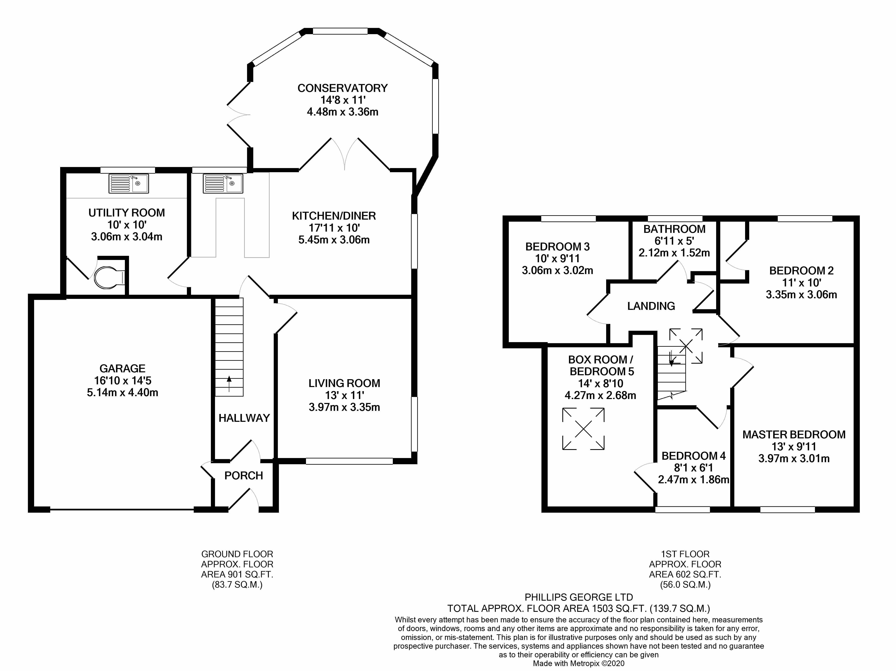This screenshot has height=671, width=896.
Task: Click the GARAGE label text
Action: pos(122,369)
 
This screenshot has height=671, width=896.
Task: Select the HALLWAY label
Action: pos(244,418)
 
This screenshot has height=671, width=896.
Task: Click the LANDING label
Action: pos(651,306)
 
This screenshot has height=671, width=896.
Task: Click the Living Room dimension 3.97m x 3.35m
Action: pos(344,407)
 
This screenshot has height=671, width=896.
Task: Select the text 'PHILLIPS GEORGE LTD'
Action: pos(578,597)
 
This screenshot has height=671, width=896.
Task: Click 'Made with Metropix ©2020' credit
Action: pos(578,664)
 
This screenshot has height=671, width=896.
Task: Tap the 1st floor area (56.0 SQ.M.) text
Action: pos(685,585)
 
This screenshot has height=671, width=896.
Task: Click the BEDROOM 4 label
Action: pos(693,456)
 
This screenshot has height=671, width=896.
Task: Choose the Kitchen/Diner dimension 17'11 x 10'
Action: pos(334,228)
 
